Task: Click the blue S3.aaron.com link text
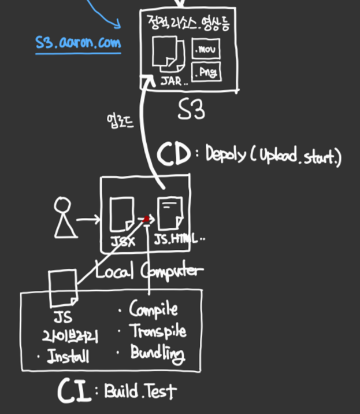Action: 78,43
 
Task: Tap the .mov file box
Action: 205,49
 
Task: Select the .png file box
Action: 205,72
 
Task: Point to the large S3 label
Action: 191,110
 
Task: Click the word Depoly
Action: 226,155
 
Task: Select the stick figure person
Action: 64,218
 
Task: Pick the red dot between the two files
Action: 147,219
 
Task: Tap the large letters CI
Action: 76,391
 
